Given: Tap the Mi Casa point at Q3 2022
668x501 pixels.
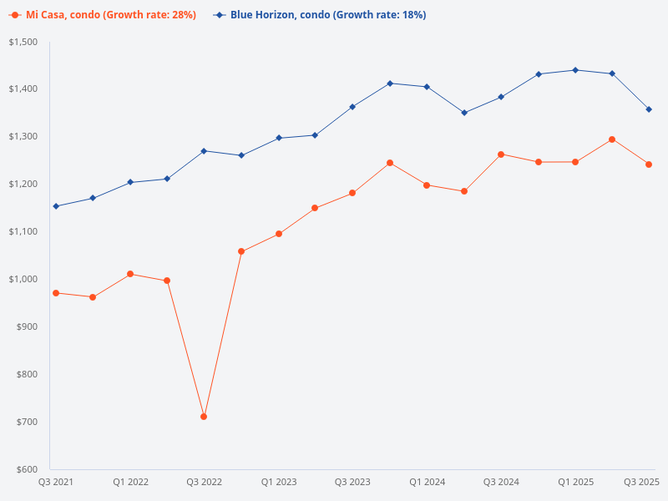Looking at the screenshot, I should click(204, 417).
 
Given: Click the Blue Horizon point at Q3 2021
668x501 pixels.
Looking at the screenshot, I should click(56, 206).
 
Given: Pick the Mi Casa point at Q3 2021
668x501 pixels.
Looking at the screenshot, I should click(56, 293).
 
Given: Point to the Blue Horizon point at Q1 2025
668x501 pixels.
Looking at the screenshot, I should click(575, 70).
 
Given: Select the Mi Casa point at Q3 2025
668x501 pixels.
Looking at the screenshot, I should click(649, 164).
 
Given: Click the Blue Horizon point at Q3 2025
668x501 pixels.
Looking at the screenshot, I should click(649, 109).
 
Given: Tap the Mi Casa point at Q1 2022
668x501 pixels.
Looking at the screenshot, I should click(130, 274).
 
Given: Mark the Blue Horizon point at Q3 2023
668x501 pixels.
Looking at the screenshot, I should click(352, 107).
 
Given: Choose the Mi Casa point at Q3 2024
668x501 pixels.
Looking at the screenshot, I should click(501, 154).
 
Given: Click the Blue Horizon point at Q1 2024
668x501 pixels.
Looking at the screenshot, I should click(427, 87).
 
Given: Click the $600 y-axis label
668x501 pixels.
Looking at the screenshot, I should click(27, 469).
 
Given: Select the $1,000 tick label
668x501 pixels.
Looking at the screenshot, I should click(23, 279).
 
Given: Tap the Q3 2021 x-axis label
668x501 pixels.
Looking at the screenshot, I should click(56, 482).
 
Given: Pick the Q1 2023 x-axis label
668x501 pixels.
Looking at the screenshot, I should click(279, 482).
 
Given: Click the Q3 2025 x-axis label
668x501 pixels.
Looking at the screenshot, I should click(642, 482).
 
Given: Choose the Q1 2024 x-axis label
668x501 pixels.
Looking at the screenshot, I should click(427, 482).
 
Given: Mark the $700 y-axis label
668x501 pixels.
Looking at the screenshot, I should click(27, 422).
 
